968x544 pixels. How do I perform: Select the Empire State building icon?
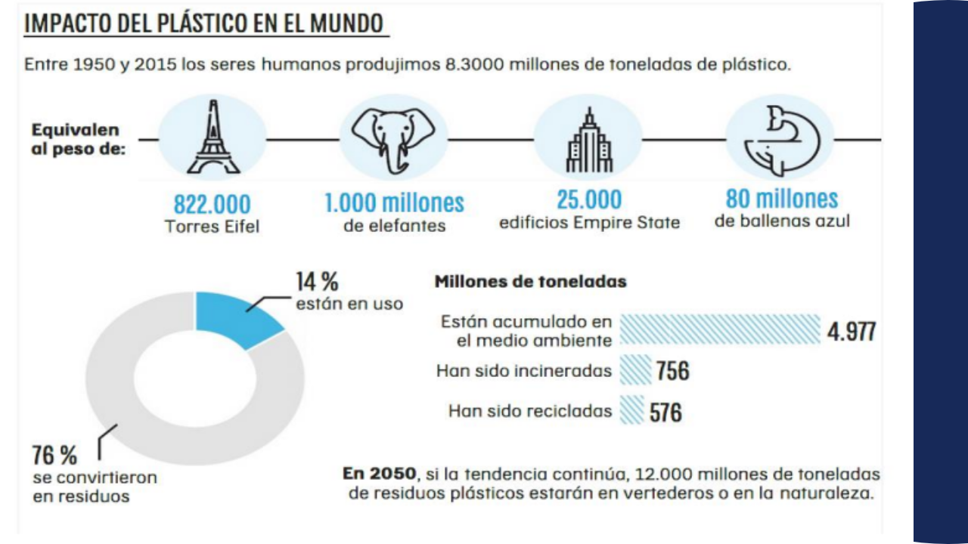tap(588, 141)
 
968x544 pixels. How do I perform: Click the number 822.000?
tap(212, 204)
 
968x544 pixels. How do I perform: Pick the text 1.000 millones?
tap(394, 202)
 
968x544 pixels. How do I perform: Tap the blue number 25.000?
tap(589, 199)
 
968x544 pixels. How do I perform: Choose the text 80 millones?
tap(782, 199)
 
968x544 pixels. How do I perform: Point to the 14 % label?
tap(317, 282)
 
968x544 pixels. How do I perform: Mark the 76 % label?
tap(54, 456)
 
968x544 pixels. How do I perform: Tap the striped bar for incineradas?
tap(635, 371)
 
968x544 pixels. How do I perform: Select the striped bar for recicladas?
tap(632, 411)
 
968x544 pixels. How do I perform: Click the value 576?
tap(666, 412)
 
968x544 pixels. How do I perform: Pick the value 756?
tap(673, 371)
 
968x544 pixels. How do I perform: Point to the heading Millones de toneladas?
tap(530, 282)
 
